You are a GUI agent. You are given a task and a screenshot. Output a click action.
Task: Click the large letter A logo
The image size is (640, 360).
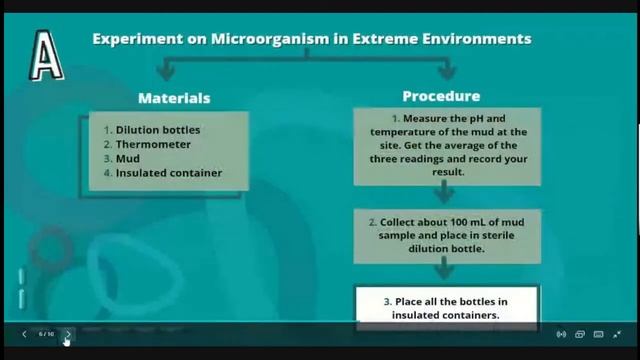[44, 54]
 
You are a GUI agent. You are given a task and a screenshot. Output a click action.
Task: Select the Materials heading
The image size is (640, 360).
[174, 98]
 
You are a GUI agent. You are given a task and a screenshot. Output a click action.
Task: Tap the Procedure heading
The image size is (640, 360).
[441, 96]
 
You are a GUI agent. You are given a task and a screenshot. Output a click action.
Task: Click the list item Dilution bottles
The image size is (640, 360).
[157, 130]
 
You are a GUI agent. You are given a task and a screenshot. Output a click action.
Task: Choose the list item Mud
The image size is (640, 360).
[127, 158]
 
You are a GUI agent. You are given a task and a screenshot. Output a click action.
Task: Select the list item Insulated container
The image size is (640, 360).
[168, 173]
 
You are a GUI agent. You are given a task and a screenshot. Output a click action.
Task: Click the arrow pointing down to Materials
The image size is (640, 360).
[167, 71]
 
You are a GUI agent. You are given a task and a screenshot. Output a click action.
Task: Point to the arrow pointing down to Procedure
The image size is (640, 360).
[447, 70]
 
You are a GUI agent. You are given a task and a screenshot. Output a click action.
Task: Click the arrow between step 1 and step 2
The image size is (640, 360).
[445, 194]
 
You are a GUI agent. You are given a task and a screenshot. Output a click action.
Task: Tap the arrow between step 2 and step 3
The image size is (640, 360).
[445, 269]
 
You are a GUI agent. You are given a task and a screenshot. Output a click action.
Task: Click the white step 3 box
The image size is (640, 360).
[447, 307]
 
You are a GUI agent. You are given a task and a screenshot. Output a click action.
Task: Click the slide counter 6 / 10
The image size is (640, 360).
[46, 334]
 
